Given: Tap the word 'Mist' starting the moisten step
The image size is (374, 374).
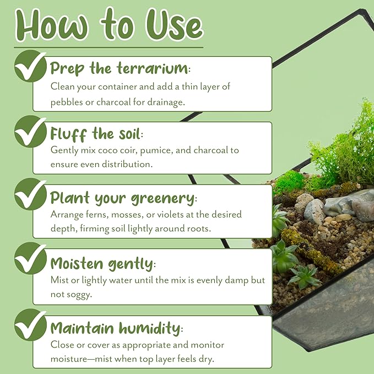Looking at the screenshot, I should tap(59, 280).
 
